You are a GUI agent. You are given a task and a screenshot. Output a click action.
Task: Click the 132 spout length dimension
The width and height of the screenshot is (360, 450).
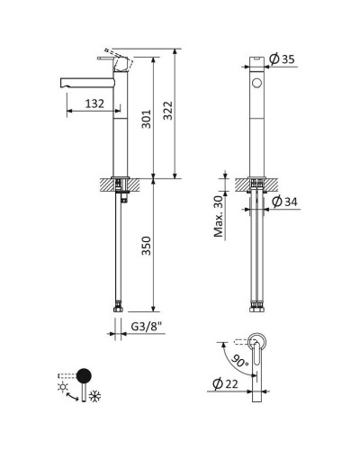pyautogui.click(x=94, y=103)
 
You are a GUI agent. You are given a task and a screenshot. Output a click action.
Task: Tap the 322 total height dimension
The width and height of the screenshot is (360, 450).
pyautogui.click(x=168, y=111)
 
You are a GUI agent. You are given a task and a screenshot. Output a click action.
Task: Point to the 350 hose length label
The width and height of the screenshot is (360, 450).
pyautogui.click(x=147, y=246)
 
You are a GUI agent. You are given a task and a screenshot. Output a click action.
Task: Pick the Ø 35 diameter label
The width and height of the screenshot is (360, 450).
pyautogui.click(x=282, y=59)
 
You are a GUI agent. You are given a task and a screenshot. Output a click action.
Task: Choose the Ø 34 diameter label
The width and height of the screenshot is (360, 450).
pyautogui.click(x=284, y=202)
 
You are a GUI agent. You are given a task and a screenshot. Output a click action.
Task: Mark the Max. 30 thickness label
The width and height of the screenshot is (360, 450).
pyautogui.click(x=219, y=216)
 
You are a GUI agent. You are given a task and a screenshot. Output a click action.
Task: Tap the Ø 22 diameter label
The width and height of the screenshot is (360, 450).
pyautogui.click(x=225, y=383)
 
